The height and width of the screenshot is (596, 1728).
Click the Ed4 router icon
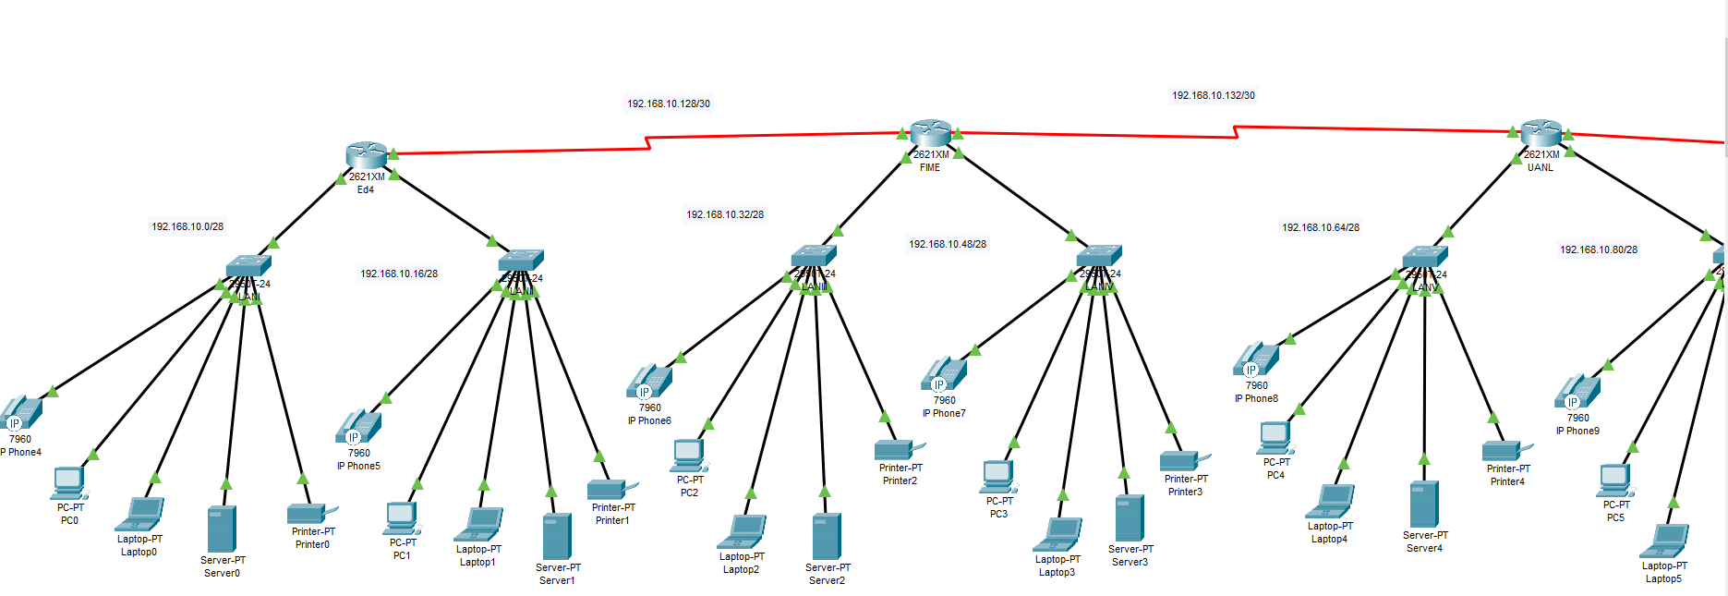[367, 155]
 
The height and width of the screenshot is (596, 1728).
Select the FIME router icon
[930, 133]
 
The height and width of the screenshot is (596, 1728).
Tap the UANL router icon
[1541, 133]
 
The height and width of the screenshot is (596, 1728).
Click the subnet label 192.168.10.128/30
[669, 103]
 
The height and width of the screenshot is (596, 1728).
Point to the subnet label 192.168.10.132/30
[1214, 95]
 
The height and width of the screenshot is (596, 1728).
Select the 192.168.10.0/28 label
[187, 226]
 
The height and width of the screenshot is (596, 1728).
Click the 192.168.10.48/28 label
[948, 244]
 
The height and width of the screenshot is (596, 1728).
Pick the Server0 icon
[222, 529]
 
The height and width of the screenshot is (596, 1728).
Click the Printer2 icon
[896, 449]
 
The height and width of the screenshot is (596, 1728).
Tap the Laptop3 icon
[1058, 535]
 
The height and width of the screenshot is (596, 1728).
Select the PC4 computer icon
[1275, 436]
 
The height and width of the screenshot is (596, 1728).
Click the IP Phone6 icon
[649, 382]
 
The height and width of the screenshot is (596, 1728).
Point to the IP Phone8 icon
[1256, 359]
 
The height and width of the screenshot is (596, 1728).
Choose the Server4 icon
[1424, 504]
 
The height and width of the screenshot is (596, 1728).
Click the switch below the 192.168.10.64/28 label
[1425, 256]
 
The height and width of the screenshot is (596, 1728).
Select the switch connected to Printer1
[521, 260]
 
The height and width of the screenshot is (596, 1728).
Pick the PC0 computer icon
[70, 482]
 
